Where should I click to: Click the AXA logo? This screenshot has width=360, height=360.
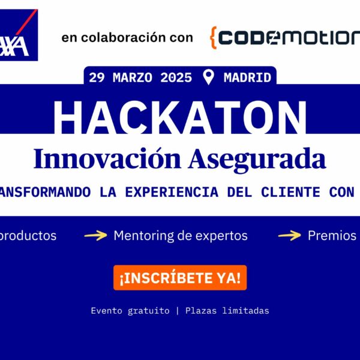(19, 37)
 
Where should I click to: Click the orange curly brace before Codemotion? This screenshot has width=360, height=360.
(213, 37)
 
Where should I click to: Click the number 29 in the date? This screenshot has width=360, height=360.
(97, 77)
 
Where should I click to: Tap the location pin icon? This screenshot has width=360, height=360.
(209, 77)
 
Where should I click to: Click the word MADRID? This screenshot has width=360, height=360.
(247, 77)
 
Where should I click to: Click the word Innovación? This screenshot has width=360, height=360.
(108, 159)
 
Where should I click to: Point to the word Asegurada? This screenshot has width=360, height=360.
(257, 159)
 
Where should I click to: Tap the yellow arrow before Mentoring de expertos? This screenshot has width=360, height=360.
(95, 236)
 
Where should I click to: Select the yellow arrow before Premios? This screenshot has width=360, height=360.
(289, 236)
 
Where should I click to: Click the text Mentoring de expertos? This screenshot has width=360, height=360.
(181, 236)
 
